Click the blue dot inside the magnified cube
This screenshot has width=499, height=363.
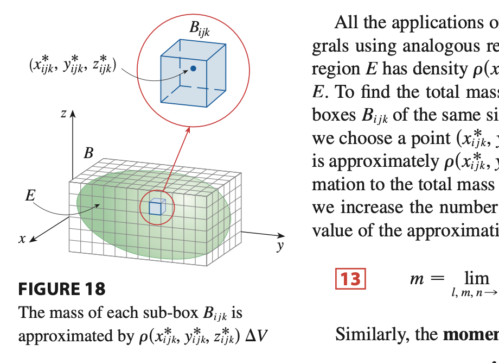click(193, 69)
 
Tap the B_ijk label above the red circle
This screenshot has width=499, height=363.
click(200, 30)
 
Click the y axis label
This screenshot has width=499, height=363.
click(280, 246)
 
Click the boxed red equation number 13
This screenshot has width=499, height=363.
click(350, 279)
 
